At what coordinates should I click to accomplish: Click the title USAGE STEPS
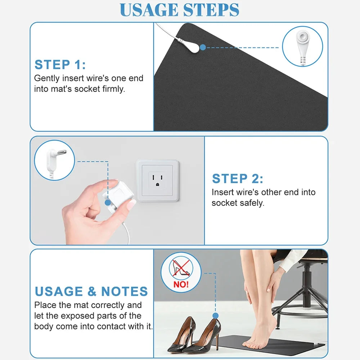179,10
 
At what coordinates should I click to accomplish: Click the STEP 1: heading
60,65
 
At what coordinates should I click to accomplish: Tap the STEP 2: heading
237,179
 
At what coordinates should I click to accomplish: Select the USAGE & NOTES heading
91,291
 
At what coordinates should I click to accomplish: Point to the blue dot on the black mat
203,47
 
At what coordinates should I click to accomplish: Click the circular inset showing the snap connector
302,46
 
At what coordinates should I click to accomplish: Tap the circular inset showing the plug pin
54,160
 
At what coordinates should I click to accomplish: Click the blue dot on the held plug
107,203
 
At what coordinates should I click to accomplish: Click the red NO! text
181,284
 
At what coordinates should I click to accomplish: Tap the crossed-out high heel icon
181,269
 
